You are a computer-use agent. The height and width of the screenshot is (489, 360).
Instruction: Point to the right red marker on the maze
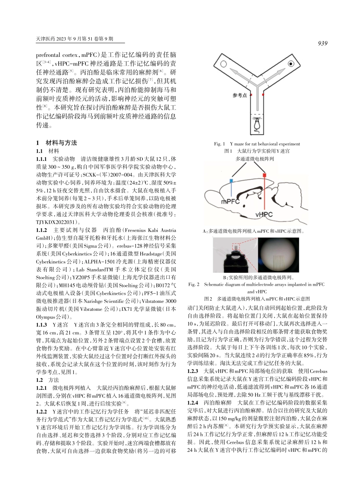(x=263, y=92)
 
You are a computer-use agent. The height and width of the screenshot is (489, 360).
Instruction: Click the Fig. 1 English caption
(x=257, y=144)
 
